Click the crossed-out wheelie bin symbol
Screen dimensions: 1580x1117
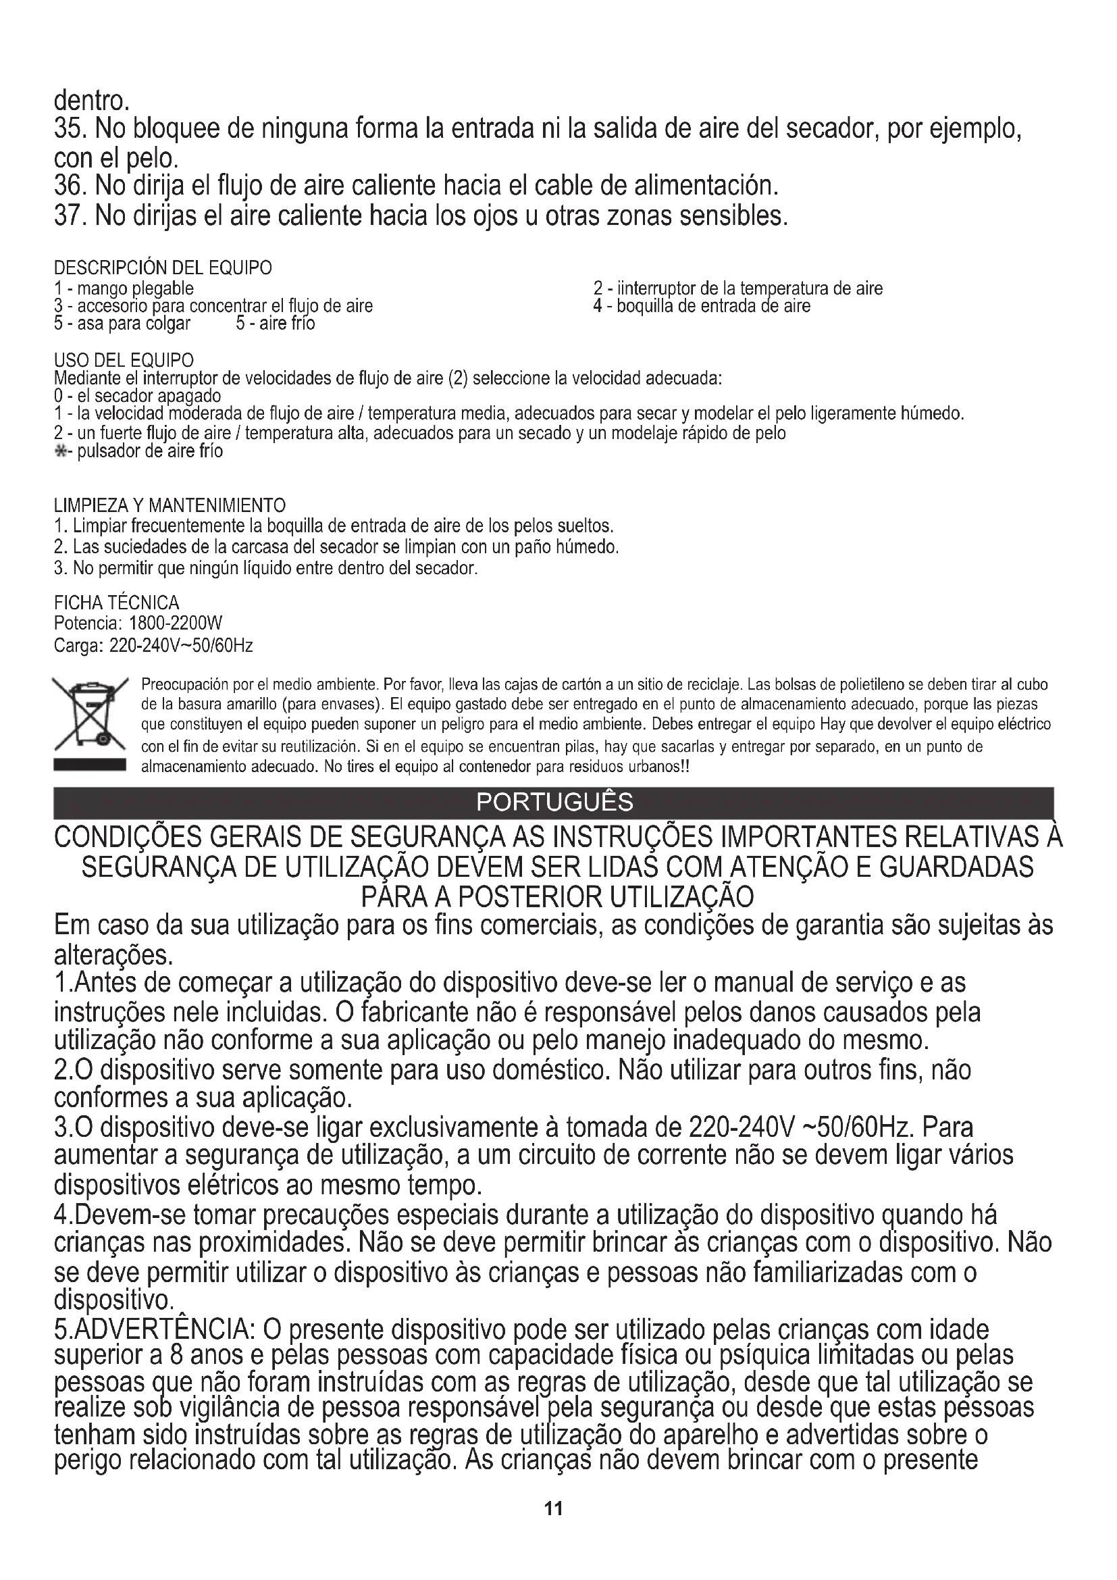(89, 713)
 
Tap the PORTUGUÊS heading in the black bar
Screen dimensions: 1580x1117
(554, 802)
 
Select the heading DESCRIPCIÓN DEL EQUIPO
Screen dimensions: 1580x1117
(163, 267)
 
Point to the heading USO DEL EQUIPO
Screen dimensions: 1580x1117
(124, 360)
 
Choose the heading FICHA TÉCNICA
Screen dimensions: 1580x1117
(116, 603)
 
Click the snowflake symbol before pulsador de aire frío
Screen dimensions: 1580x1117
(60, 452)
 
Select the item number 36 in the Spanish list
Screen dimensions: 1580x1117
(71, 186)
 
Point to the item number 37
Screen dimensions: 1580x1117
(71, 216)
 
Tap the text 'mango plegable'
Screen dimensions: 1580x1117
(135, 288)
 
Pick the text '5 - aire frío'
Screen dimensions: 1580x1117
(276, 324)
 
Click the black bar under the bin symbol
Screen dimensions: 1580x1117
(89, 766)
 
